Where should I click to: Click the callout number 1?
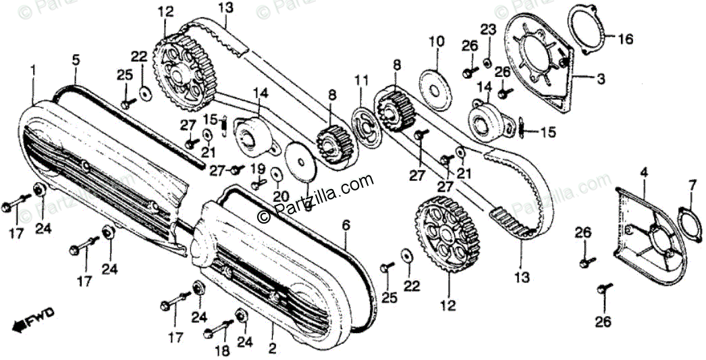click(x=32, y=70)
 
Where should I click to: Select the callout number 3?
click(x=601, y=78)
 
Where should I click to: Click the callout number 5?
click(x=76, y=59)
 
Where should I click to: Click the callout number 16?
click(x=626, y=39)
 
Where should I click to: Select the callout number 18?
click(x=222, y=351)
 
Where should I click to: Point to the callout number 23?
click(x=488, y=29)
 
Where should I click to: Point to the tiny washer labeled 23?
click(x=487, y=63)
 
